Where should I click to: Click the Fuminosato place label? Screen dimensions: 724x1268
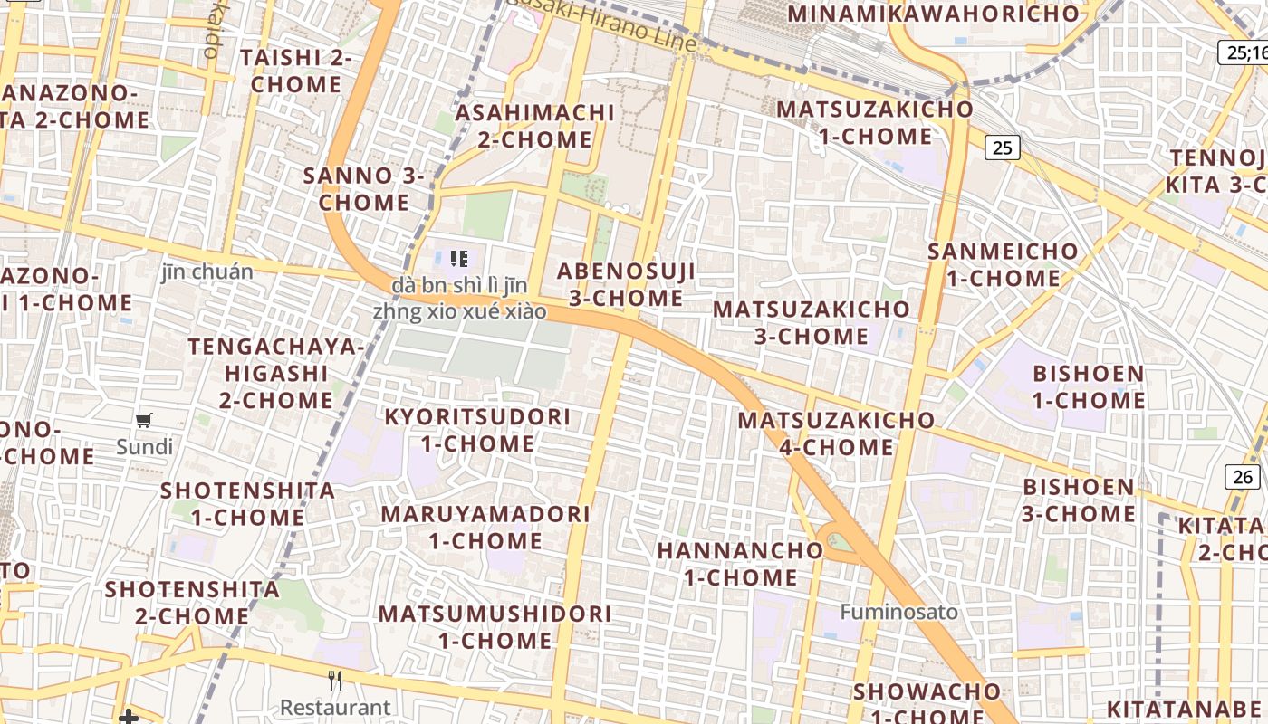tap(898, 612)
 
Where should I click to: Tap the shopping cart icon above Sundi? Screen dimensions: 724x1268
tap(143, 420)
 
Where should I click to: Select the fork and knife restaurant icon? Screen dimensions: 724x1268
tap(335, 680)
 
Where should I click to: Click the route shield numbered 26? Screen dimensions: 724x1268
tap(1244, 476)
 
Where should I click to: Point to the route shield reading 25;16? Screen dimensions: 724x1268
tap(1244, 52)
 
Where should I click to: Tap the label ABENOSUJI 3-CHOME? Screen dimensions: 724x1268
tap(626, 284)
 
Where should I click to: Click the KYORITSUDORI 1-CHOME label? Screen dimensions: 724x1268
tap(477, 430)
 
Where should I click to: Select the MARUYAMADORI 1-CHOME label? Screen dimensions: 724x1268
tap(485, 527)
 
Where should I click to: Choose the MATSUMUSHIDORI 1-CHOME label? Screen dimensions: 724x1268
tap(495, 626)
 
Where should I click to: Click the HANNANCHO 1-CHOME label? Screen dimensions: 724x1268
tap(740, 563)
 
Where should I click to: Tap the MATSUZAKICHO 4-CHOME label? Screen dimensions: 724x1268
tap(836, 433)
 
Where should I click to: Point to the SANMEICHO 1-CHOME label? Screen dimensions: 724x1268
tap(1004, 264)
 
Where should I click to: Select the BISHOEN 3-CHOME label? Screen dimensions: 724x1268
tap(1078, 500)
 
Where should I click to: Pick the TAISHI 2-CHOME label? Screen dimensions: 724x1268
tap(295, 71)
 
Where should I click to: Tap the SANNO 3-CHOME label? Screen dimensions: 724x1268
tap(364, 188)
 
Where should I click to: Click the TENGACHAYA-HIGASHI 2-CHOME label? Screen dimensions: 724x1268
tap(276, 373)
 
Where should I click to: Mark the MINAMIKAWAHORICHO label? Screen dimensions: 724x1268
tap(934, 14)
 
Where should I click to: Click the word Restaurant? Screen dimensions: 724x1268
tap(335, 707)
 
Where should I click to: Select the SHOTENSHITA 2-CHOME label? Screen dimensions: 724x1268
tap(192, 602)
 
